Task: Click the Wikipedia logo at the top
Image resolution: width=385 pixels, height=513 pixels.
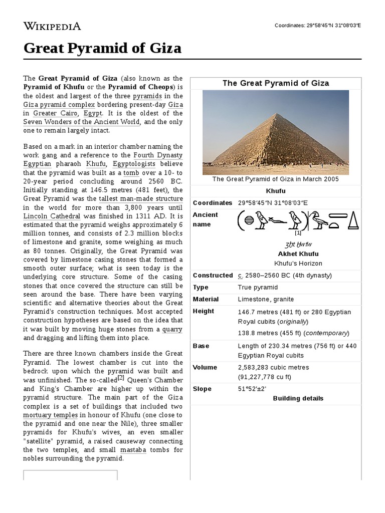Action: [x=52, y=26]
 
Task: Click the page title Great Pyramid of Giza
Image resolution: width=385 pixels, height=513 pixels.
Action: [x=103, y=49]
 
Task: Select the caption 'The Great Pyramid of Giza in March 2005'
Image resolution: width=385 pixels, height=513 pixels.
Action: [x=276, y=179]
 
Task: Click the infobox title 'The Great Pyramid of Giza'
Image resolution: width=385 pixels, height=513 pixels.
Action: [x=276, y=83]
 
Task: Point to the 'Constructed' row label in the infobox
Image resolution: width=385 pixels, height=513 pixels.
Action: [x=213, y=276]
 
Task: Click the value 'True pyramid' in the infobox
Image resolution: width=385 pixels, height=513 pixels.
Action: [x=257, y=288]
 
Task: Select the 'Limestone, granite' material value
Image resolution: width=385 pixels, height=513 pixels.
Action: [x=265, y=300]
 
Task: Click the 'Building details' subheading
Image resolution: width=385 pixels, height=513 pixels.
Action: [x=298, y=399]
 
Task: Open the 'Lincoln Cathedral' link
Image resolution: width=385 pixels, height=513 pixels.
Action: [x=52, y=216]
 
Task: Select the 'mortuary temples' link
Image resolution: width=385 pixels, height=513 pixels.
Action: [x=50, y=415]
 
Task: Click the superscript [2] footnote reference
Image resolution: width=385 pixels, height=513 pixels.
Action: [x=120, y=378]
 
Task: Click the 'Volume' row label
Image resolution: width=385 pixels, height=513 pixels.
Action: [x=205, y=367]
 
